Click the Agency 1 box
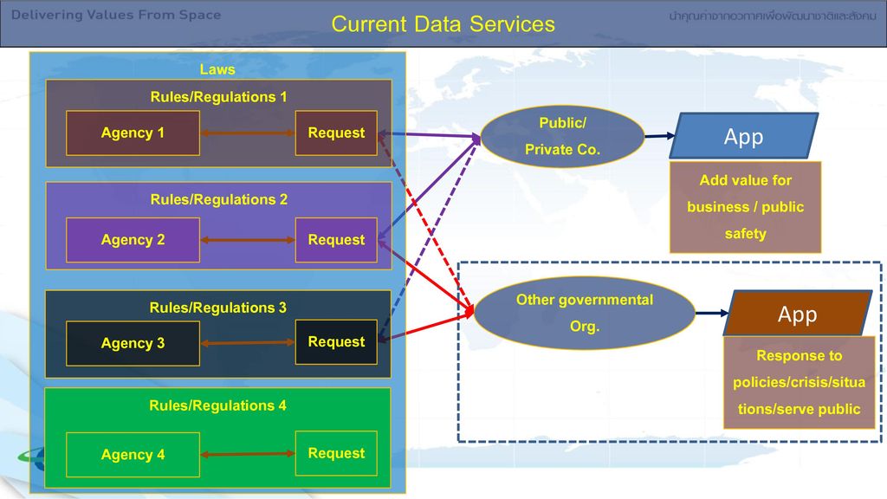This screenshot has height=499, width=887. [133, 133]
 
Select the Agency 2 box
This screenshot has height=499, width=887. [133, 240]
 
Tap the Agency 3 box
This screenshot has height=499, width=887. [133, 343]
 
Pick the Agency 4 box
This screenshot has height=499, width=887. [133, 455]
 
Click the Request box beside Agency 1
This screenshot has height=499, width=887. [336, 133]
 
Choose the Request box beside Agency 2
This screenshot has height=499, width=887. [336, 240]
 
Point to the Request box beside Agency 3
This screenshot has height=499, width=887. [336, 342]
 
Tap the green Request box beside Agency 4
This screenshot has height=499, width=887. [336, 453]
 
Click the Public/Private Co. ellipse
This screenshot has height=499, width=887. [562, 136]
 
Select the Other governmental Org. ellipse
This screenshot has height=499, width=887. [585, 313]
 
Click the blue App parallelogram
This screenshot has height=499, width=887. [744, 136]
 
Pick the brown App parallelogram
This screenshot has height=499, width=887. [798, 314]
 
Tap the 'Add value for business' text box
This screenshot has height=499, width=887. [745, 207]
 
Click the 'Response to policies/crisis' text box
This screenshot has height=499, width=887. [799, 382]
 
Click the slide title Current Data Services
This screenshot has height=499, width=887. [443, 23]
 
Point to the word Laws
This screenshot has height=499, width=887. [217, 69]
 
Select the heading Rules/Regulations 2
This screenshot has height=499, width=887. [219, 199]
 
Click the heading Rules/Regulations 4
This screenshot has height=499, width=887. [217, 405]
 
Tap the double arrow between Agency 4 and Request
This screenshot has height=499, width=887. [248, 454]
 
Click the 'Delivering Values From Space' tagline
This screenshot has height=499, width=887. [116, 15]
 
